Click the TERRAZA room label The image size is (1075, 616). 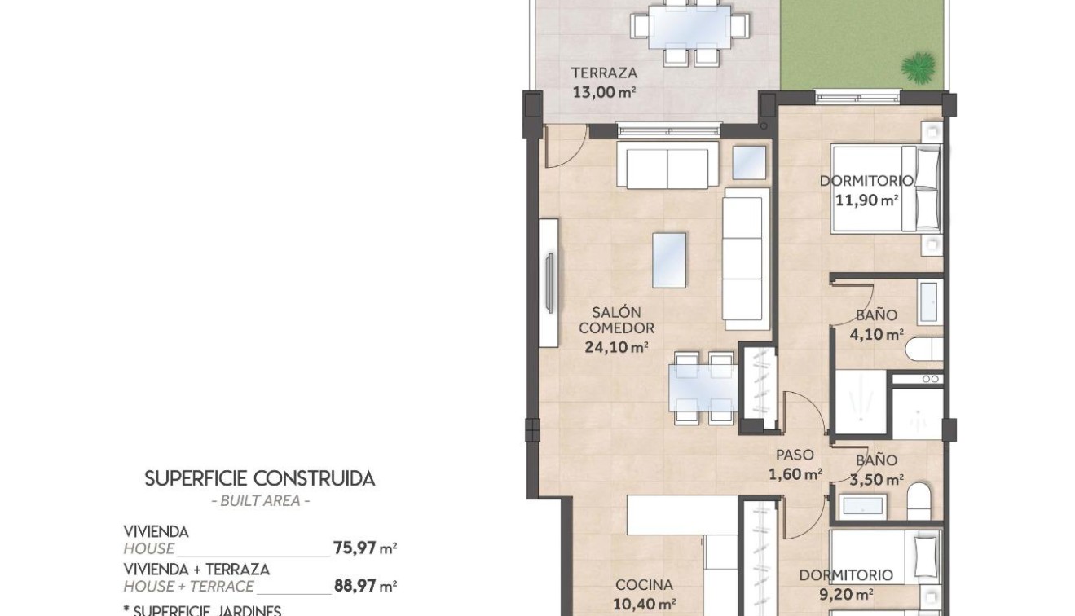603,73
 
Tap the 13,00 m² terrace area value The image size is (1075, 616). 603,92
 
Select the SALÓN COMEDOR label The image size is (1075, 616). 616,320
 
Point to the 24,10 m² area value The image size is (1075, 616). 616,346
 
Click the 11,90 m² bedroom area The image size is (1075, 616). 866,199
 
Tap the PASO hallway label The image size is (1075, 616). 795,455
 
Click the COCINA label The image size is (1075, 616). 644,584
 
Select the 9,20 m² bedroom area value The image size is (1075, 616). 847,594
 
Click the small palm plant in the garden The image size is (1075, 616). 919,67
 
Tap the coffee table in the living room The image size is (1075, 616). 669,260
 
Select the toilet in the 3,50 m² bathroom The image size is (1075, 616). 919,499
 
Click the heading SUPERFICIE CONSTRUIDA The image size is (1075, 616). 260,478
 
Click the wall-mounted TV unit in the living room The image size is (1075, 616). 549,283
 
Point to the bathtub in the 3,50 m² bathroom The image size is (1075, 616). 862,506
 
